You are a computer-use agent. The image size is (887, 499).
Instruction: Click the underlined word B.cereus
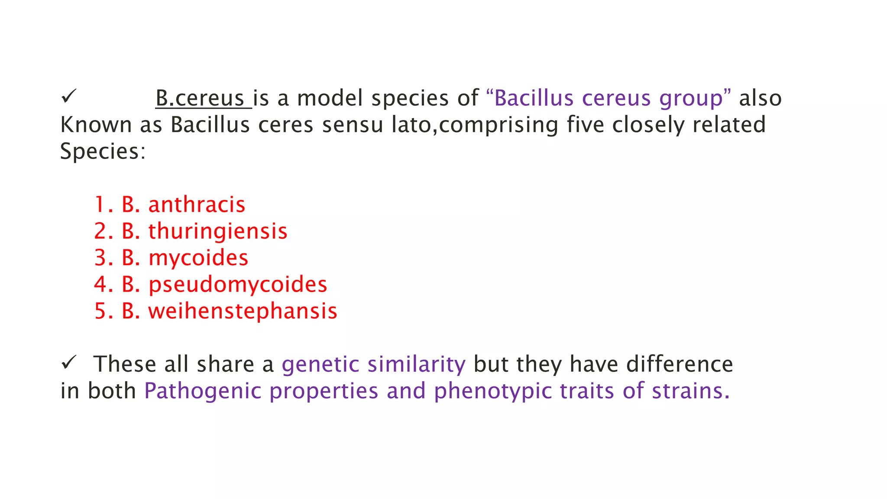coord(200,98)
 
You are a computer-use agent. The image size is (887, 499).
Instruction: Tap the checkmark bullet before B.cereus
coord(68,96)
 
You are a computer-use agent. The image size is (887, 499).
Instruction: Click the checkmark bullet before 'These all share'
coord(68,362)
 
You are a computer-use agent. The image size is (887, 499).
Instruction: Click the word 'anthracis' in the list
coord(197,204)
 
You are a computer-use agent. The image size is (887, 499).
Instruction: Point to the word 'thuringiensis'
coord(218,231)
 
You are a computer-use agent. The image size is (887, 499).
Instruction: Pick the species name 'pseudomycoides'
coord(238,285)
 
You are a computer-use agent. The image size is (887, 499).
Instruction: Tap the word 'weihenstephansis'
coord(243,311)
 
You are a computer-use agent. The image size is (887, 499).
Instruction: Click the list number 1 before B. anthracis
coord(101,204)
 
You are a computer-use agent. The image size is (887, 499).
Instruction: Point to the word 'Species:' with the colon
coord(103,152)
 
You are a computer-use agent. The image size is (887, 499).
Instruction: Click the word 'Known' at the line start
coord(96,125)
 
